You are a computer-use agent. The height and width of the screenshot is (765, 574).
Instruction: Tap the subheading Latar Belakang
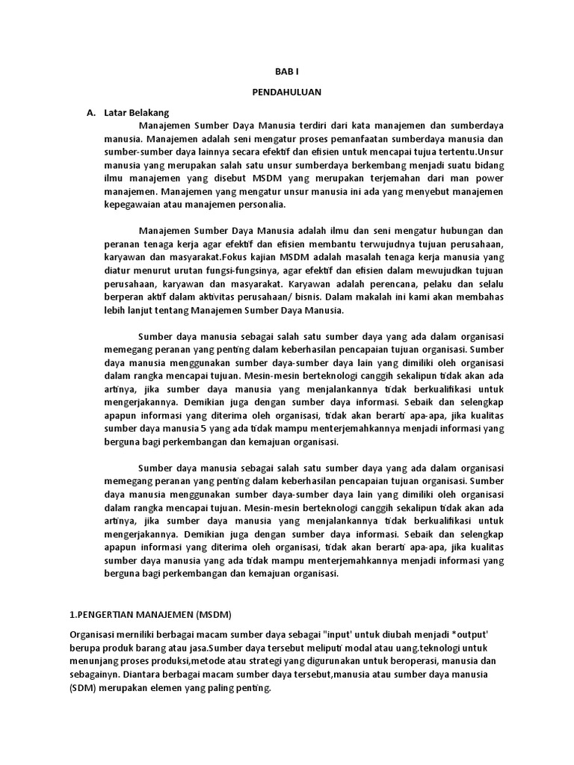138,113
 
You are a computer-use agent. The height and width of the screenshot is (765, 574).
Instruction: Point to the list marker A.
91,113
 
